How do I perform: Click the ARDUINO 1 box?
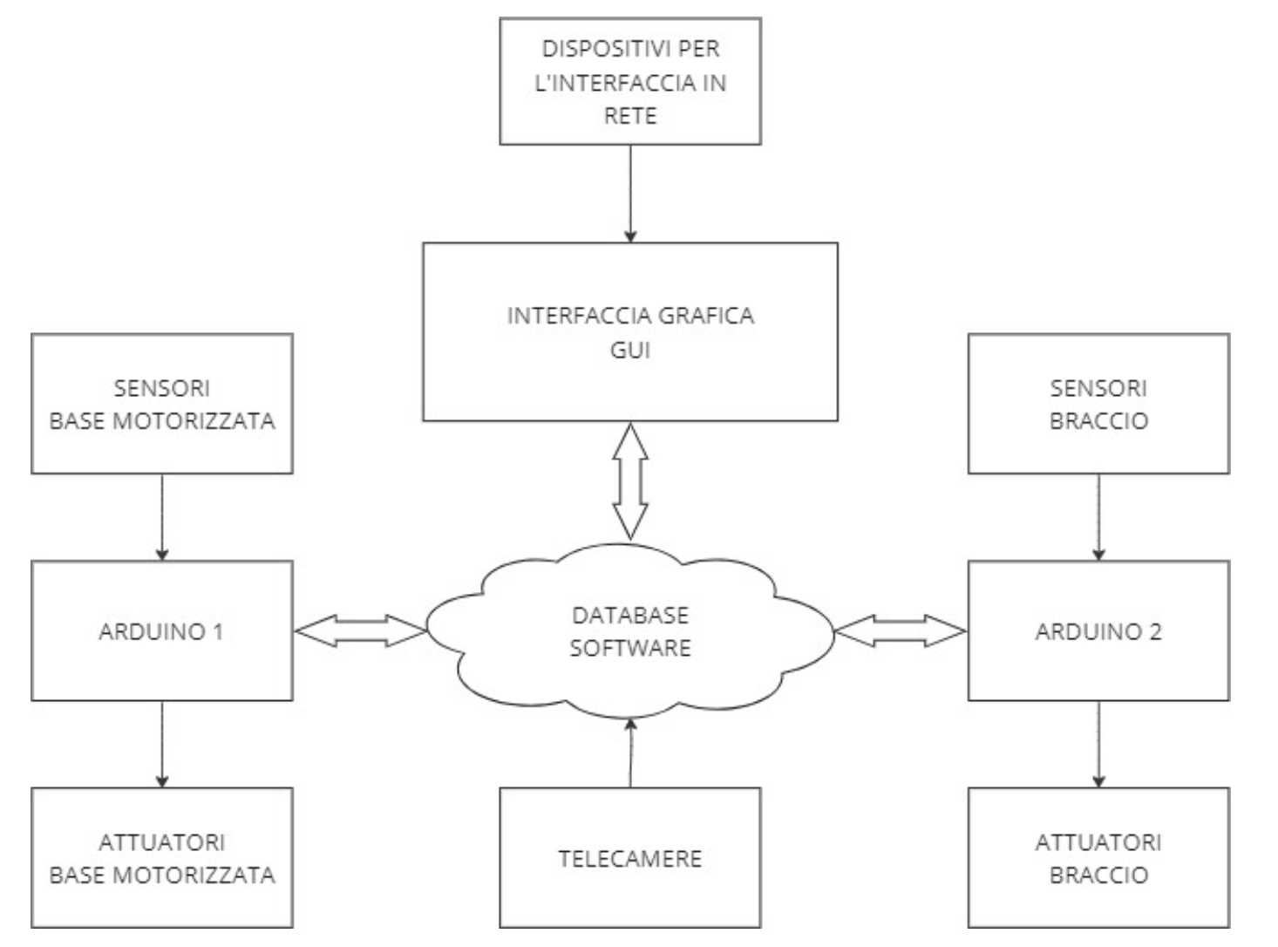[161, 630]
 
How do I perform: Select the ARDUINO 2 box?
[1098, 630]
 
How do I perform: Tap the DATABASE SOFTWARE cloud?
[629, 631]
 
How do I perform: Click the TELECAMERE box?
[629, 858]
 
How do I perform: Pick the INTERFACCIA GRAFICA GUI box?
[629, 332]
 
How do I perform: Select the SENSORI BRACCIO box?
[1098, 404]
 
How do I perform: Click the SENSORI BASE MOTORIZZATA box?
[161, 404]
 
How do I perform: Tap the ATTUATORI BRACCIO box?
[1098, 858]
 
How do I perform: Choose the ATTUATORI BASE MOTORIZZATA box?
[161, 858]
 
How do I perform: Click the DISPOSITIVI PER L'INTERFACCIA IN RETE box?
[629, 81]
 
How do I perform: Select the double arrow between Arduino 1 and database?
[360, 631]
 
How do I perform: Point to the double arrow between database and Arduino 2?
[901, 631]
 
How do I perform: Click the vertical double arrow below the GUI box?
[630, 480]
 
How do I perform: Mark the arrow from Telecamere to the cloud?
[630, 752]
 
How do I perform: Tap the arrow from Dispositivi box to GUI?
[630, 193]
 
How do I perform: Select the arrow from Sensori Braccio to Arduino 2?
[1098, 516]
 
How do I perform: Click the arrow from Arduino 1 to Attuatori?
[162, 743]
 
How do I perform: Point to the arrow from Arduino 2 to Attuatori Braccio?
[1098, 743]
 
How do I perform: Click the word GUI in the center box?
[629, 350]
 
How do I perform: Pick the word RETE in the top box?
[629, 115]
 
